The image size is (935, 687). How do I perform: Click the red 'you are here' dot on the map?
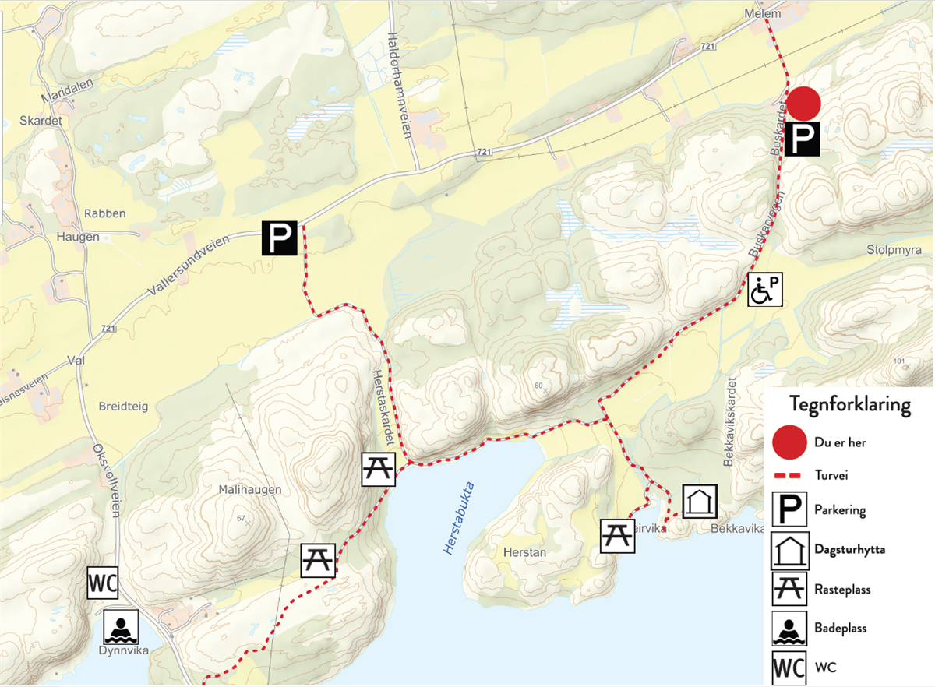pos(803,103)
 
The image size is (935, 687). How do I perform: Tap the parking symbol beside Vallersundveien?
pos(280,238)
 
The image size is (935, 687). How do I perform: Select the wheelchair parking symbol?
pos(764,289)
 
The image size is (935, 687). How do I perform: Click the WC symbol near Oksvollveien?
pos(102,583)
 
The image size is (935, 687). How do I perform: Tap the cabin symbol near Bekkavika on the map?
pos(700,502)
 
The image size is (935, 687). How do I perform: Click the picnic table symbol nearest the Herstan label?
pos(617,536)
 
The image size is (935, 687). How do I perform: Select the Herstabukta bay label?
pos(459,519)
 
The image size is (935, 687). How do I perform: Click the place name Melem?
pos(762,14)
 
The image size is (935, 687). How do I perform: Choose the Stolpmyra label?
pos(894,251)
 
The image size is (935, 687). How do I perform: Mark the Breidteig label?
pos(123,407)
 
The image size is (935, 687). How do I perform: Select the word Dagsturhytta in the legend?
pos(849,549)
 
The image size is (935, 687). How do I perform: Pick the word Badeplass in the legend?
pos(840,628)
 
